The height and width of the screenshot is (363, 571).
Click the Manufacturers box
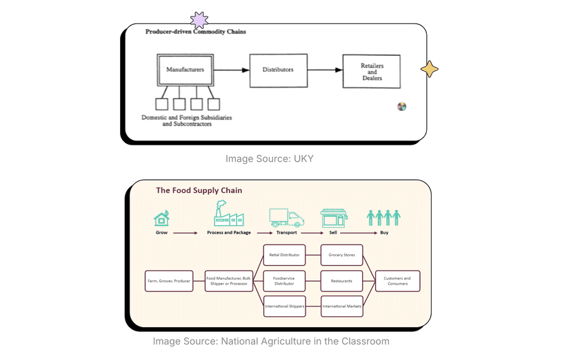point(185,70)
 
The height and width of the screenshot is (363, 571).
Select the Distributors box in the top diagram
point(278,70)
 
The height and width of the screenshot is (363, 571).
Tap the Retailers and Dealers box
point(372,71)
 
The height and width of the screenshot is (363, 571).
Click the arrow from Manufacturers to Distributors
point(231,70)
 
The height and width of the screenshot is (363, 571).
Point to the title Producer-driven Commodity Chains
point(195,32)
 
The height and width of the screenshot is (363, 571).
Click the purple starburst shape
point(199,20)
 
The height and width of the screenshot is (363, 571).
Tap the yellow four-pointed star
point(430,69)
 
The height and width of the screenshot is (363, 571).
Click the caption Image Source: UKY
point(269,158)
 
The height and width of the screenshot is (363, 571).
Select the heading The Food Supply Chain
point(199,191)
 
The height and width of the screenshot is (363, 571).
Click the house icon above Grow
point(161,218)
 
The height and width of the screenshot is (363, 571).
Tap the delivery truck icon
point(286,218)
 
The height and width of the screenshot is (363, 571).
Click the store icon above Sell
point(334,218)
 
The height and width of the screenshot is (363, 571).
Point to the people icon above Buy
point(383,218)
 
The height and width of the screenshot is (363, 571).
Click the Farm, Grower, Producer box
point(168,281)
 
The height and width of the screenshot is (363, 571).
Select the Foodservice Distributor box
point(285,281)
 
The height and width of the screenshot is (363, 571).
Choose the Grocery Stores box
point(341,255)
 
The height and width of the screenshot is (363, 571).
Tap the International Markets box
point(341,307)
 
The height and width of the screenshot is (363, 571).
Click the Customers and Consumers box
point(397,281)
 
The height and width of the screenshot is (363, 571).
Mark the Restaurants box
point(341,281)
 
